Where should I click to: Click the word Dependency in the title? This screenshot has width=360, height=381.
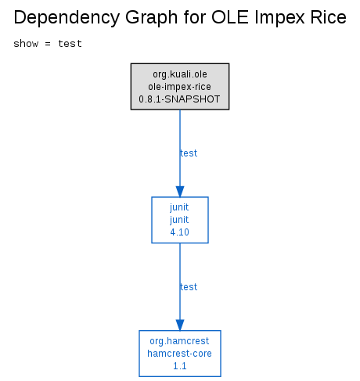pyautogui.click(x=67, y=18)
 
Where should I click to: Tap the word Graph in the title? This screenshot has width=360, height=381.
pyautogui.click(x=152, y=18)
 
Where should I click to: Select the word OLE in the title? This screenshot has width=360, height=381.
pyautogui.click(x=229, y=17)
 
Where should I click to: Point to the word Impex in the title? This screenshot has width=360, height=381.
pyautogui.click(x=279, y=18)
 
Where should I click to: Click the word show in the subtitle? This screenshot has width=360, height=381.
pyautogui.click(x=26, y=44)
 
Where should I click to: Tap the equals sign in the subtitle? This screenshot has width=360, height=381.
pyautogui.click(x=48, y=44)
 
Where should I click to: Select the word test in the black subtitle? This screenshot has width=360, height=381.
pyautogui.click(x=70, y=44)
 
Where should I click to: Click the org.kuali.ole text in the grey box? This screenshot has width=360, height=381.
pyautogui.click(x=180, y=74)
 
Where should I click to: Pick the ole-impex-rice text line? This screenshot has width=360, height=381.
pyautogui.click(x=179, y=87)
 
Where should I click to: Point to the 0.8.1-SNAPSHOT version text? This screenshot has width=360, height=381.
pyautogui.click(x=179, y=99)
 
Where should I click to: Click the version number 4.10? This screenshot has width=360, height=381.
pyautogui.click(x=179, y=232)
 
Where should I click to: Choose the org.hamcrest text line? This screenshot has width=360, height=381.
pyautogui.click(x=179, y=341)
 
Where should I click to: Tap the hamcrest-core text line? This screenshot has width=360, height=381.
pyautogui.click(x=179, y=354)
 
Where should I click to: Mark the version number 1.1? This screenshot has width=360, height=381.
pyautogui.click(x=180, y=366)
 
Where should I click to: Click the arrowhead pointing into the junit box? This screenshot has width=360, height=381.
pyautogui.click(x=180, y=192)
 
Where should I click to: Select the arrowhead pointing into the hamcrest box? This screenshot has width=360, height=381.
pyautogui.click(x=180, y=325)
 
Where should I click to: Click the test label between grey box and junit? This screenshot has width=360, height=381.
pyautogui.click(x=189, y=153)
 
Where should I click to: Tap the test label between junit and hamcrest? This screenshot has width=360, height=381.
pyautogui.click(x=189, y=287)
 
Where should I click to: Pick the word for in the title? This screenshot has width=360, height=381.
pyautogui.click(x=194, y=17)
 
